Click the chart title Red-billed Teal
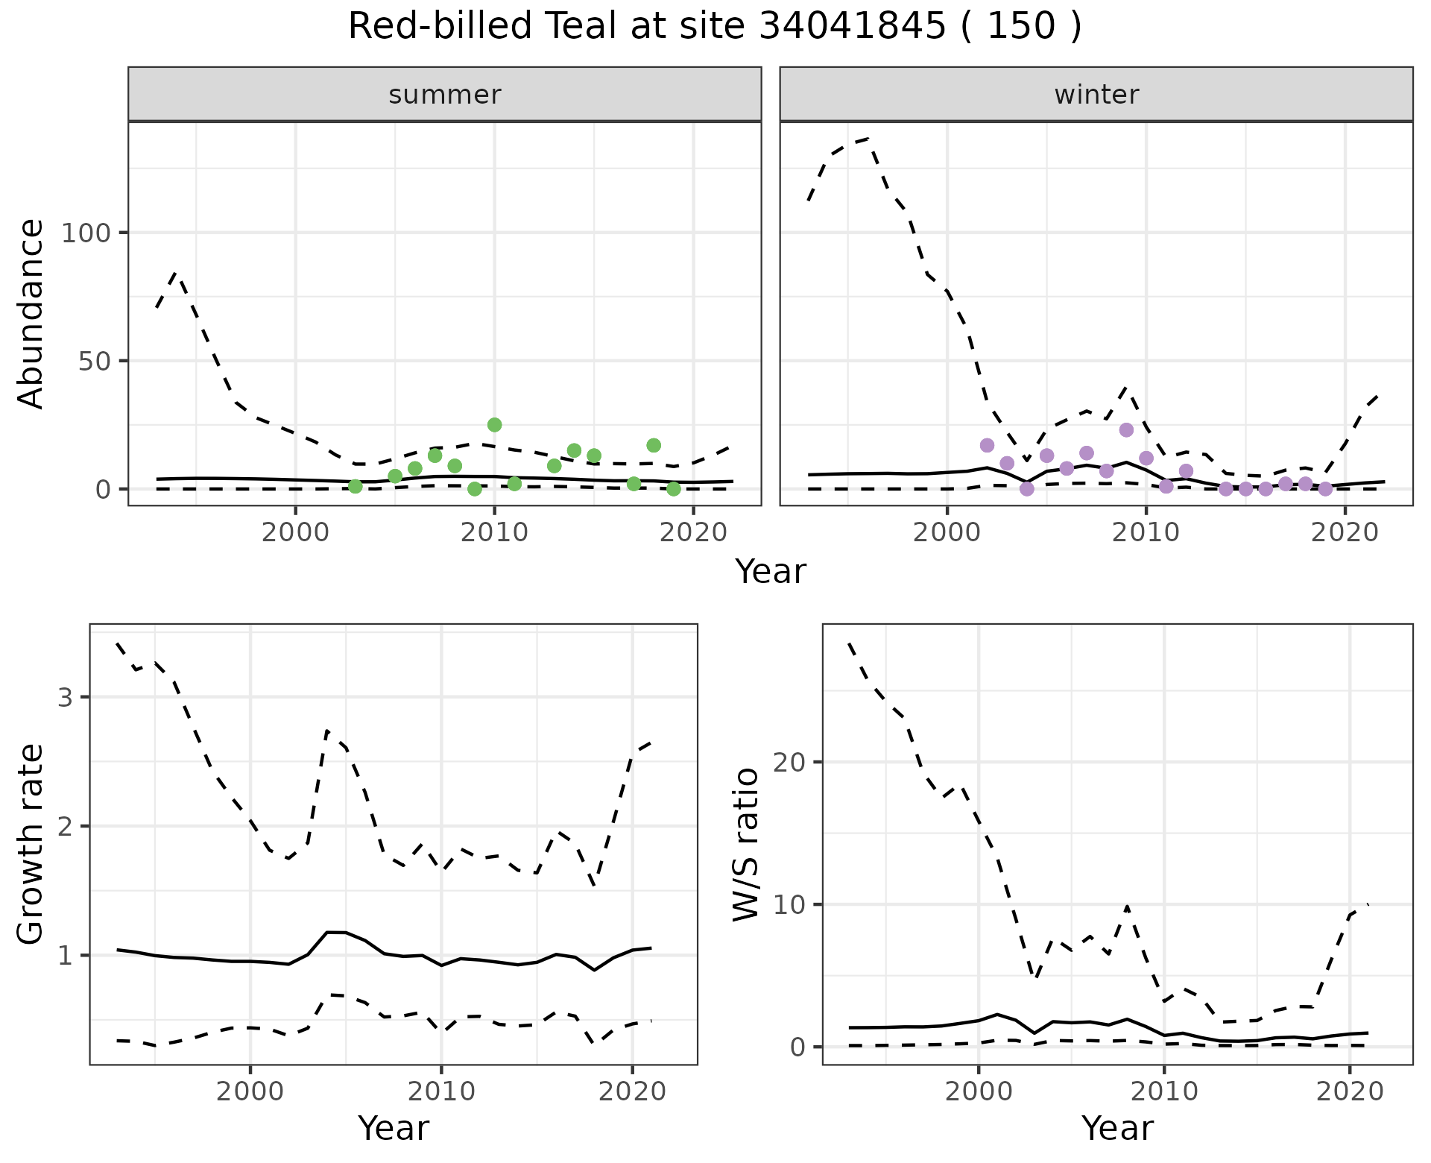pyautogui.click(x=714, y=27)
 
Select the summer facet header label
pyautogui.click(x=445, y=95)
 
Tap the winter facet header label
pyautogui.click(x=1096, y=95)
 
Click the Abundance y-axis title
pyautogui.click(x=31, y=314)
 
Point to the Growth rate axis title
pyautogui.click(x=31, y=844)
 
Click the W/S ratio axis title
pyautogui.click(x=746, y=844)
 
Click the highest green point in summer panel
pyautogui.click(x=494, y=425)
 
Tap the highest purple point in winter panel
pyautogui.click(x=1126, y=430)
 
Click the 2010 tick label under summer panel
pyautogui.click(x=494, y=533)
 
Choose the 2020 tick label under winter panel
pyautogui.click(x=1345, y=533)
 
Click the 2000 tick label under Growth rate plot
pyautogui.click(x=250, y=1092)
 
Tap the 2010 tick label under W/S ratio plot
pyautogui.click(x=1163, y=1092)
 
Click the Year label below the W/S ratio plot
pyautogui.click(x=1117, y=1129)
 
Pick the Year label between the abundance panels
pyautogui.click(x=771, y=572)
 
